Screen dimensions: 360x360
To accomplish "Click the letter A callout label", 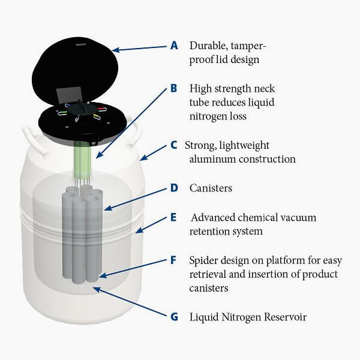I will point(175,45).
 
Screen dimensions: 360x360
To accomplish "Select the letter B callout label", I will point(174,88).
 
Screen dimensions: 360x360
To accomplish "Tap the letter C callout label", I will point(174,145).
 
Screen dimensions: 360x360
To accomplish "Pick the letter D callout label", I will point(175,188).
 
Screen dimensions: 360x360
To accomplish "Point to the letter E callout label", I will point(175,217).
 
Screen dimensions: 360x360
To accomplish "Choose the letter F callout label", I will point(174,260).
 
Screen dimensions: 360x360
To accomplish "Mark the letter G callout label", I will point(175,316).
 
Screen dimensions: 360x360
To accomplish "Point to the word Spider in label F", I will point(205,260).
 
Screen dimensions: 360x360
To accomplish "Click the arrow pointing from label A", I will point(140,48).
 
